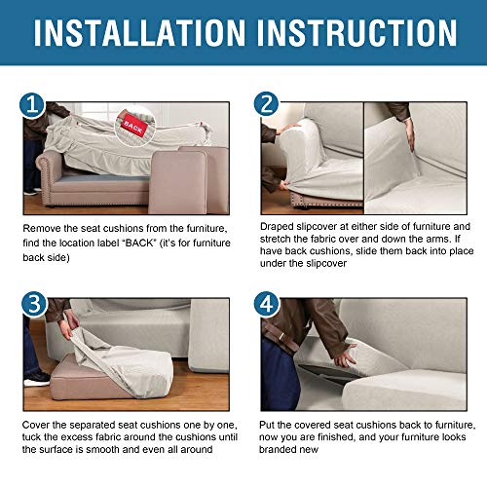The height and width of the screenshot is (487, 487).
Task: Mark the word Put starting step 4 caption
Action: (x=270, y=427)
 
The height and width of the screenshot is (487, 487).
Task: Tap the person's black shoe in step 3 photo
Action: (x=35, y=378)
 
